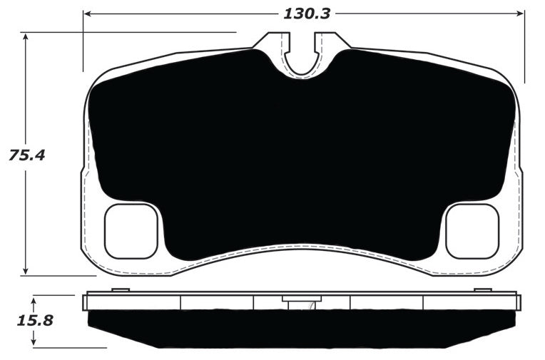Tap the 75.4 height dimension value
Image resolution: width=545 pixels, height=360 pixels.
[26, 155]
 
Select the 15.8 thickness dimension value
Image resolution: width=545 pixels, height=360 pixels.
[35, 320]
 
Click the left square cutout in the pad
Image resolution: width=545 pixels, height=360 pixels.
[131, 231]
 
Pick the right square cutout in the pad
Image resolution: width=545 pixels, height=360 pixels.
[472, 231]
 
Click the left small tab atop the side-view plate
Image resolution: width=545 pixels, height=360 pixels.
[121, 289]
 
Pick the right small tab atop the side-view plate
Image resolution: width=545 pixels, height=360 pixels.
[483, 289]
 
